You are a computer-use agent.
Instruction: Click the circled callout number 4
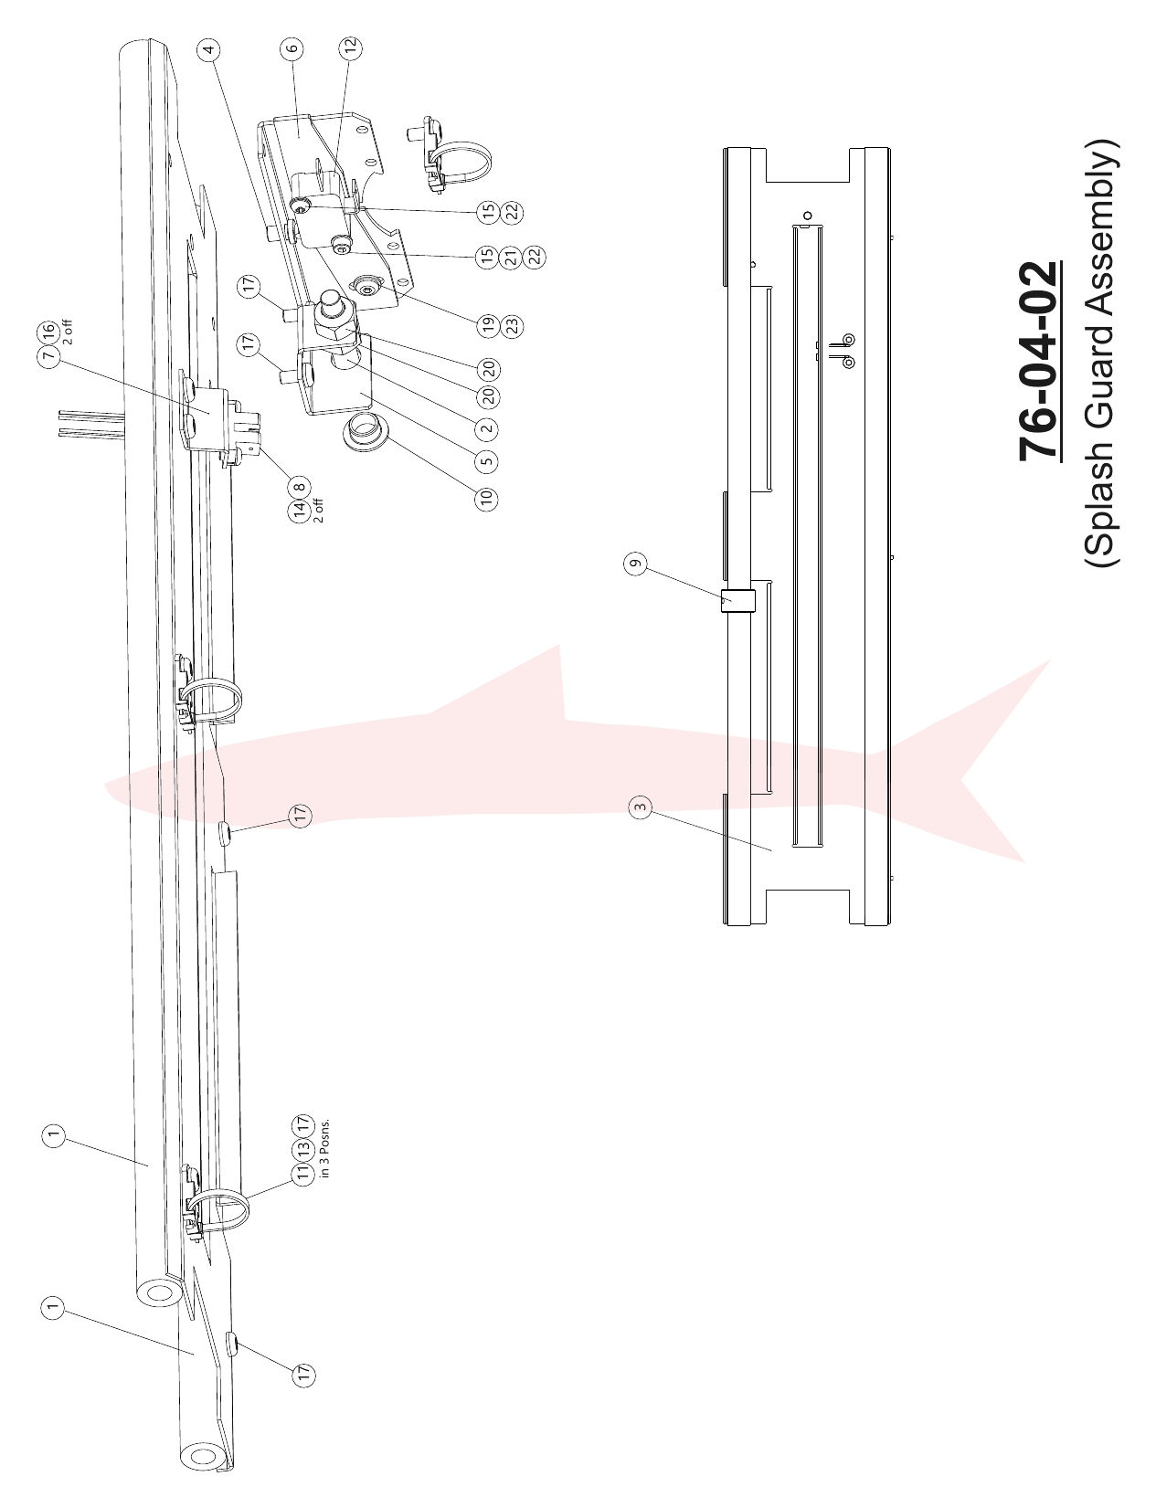pos(209,48)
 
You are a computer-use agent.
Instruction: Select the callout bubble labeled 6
pos(292,47)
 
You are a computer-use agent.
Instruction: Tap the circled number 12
pos(350,47)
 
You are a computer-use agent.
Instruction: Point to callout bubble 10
pos(487,498)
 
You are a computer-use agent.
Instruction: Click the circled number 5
pos(487,460)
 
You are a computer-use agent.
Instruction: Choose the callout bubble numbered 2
pos(487,427)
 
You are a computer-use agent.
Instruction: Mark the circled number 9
pos(635,564)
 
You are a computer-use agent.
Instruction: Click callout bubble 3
pos(641,807)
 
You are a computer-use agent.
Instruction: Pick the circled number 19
pos(488,323)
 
